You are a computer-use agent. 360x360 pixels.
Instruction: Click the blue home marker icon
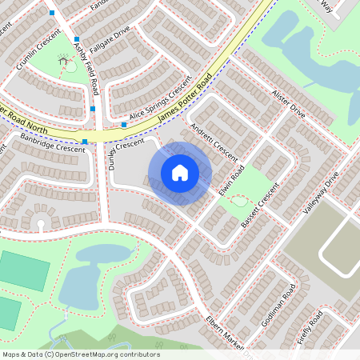coord(180,173)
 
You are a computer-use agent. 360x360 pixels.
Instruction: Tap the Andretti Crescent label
coord(214,141)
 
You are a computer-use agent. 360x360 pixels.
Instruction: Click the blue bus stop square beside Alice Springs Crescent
coord(124,125)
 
